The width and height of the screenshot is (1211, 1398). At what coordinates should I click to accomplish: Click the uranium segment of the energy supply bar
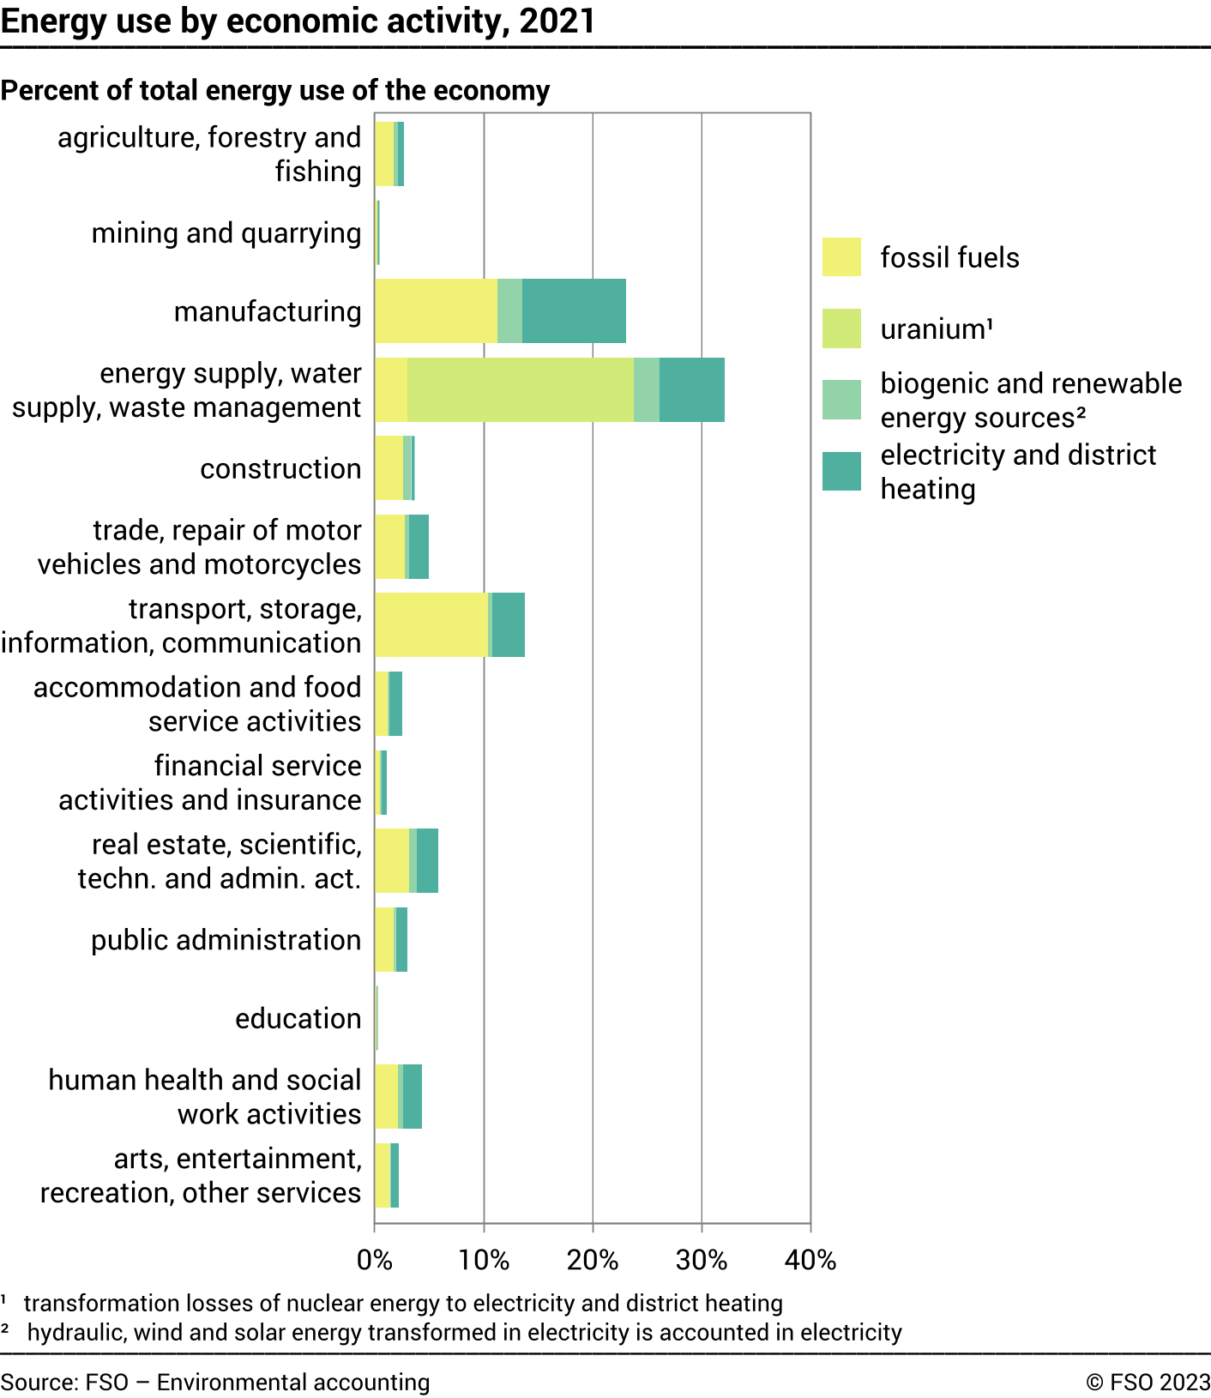coord(520,389)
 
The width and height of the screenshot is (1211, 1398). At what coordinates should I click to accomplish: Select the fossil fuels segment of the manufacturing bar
coord(436,310)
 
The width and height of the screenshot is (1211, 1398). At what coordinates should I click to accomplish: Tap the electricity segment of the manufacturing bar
coord(574,310)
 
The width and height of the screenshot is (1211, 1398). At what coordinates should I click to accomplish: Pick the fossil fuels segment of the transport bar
coord(431,624)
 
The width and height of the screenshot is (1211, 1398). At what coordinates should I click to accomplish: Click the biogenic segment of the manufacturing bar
coord(509,310)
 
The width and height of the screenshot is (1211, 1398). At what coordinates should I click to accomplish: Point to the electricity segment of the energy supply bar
coord(691,389)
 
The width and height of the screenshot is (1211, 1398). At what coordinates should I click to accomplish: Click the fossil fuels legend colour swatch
coord(841,257)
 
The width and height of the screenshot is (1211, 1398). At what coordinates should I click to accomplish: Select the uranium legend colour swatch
coord(841,328)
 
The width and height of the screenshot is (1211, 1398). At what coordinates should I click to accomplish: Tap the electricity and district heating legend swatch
coord(841,472)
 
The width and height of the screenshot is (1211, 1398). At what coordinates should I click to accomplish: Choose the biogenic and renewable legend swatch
coord(841,401)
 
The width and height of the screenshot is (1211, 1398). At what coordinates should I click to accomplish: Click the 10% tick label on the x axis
coord(484,1260)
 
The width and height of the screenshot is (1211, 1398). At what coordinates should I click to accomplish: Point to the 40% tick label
coord(810,1260)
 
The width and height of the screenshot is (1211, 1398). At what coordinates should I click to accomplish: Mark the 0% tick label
coord(375,1260)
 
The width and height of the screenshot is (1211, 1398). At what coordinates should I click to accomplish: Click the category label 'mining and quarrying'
coord(226,233)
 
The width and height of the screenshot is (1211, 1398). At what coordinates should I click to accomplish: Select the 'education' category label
coord(298,1018)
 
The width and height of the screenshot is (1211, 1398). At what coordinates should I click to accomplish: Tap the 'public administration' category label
coord(226,940)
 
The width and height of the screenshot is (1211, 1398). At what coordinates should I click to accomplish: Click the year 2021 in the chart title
coord(557,21)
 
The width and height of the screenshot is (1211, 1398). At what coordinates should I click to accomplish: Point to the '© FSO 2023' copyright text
coord(1148,1382)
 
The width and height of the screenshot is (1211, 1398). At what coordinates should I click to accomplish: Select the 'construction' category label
coord(280,468)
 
